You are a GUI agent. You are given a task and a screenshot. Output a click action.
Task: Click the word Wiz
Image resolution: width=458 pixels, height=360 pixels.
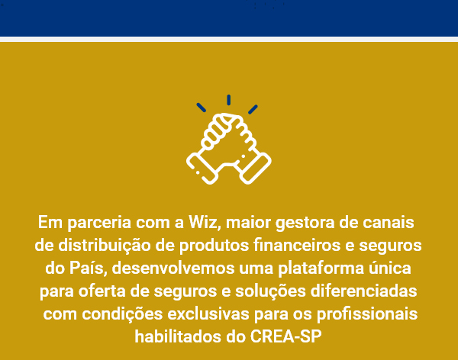(x=204, y=222)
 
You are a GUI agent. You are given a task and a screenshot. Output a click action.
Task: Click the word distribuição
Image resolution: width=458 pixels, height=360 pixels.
(x=105, y=246)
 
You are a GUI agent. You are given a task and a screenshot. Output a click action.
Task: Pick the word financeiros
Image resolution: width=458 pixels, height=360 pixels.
(x=297, y=245)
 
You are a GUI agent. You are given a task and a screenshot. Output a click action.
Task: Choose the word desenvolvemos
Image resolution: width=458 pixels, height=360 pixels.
(x=173, y=268)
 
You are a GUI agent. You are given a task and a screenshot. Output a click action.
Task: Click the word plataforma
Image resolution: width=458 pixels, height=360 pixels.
(x=321, y=268)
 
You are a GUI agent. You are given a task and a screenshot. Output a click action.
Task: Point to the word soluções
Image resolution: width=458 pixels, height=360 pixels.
(x=270, y=291)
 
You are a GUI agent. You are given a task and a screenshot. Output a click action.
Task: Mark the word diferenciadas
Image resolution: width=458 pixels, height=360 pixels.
(x=363, y=291)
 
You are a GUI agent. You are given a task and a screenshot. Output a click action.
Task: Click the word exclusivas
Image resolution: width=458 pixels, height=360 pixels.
(x=208, y=314)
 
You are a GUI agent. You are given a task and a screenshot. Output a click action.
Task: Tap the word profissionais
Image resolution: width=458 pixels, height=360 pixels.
(x=367, y=314)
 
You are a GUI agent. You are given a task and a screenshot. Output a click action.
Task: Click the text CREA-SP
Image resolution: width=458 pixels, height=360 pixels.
(x=285, y=336)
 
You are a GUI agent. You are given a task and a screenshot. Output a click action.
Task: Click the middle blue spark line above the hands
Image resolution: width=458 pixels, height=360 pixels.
(x=229, y=100)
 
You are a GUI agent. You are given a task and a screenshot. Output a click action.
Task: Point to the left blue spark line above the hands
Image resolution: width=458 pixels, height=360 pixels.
(x=202, y=107)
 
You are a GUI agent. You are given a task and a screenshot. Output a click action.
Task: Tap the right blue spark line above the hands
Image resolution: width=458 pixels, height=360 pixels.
(x=253, y=109)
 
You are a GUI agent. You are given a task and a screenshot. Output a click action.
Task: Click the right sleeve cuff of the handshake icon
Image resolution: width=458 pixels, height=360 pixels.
(x=255, y=169)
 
